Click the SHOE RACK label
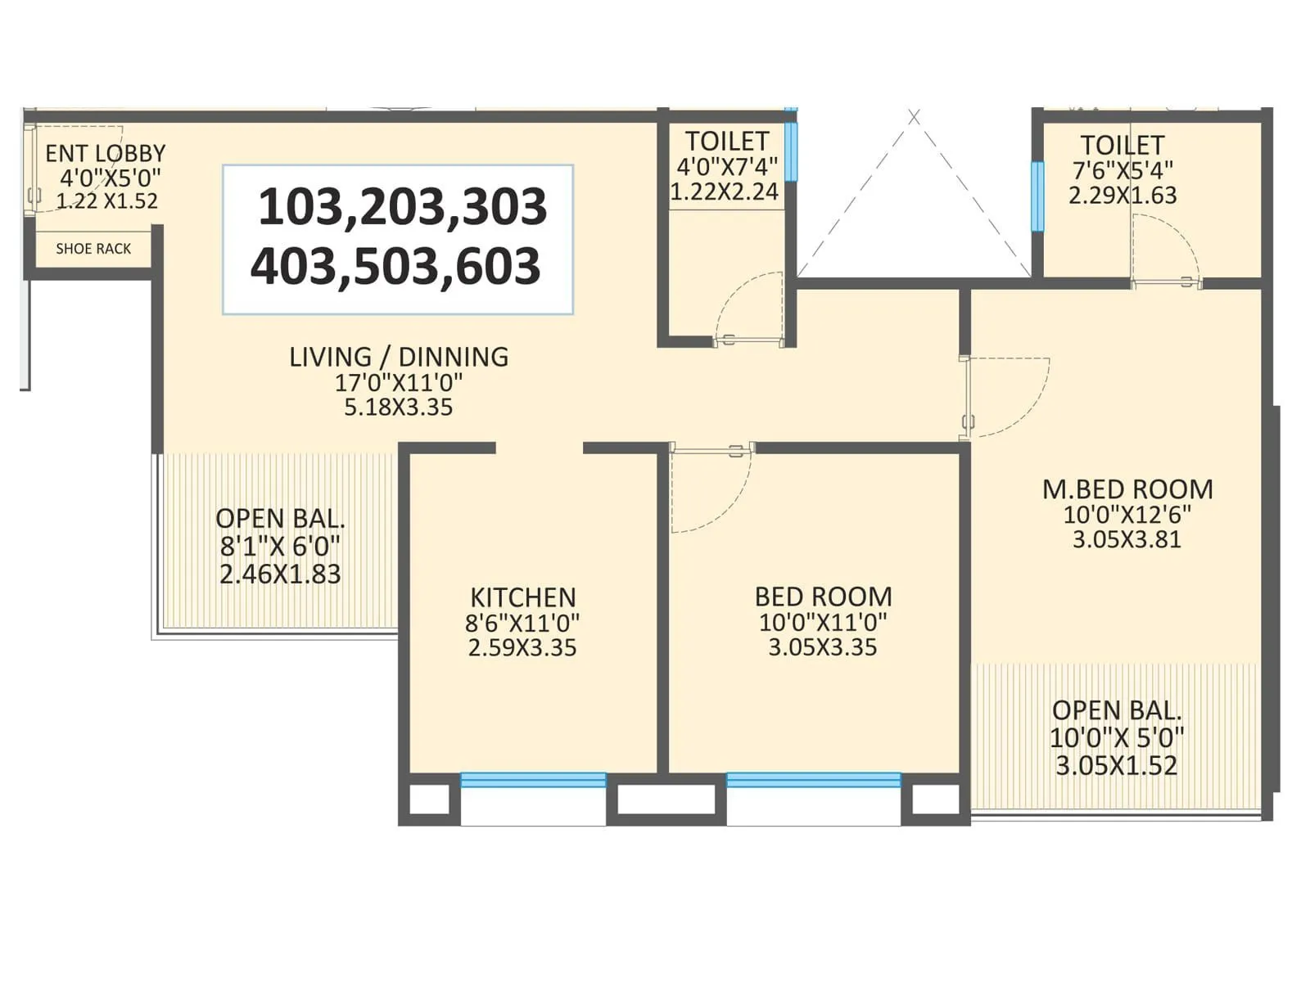click(x=93, y=249)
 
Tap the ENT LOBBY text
click(x=105, y=153)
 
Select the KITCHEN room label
click(x=522, y=597)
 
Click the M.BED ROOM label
click(x=1127, y=489)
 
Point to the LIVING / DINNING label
click(x=399, y=357)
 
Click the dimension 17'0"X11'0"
click(x=399, y=382)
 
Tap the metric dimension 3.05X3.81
click(x=1127, y=539)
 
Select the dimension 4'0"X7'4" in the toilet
click(x=726, y=167)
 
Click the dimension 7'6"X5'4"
click(x=1123, y=170)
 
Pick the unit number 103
click(x=302, y=207)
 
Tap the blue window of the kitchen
click(x=533, y=780)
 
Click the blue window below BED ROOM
click(x=813, y=780)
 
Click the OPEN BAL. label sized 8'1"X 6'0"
click(x=280, y=519)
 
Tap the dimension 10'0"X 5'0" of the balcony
click(x=1117, y=738)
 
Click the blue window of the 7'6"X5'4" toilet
click(x=1037, y=196)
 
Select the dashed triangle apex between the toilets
click(x=914, y=118)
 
